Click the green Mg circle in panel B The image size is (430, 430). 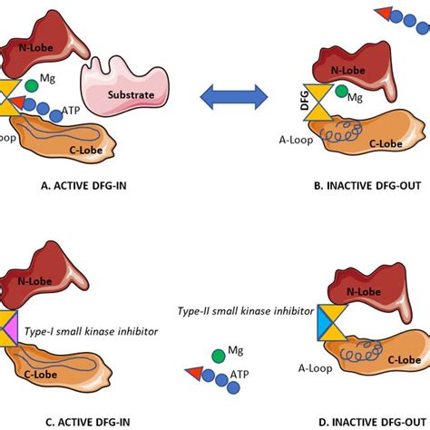click(341, 93)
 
